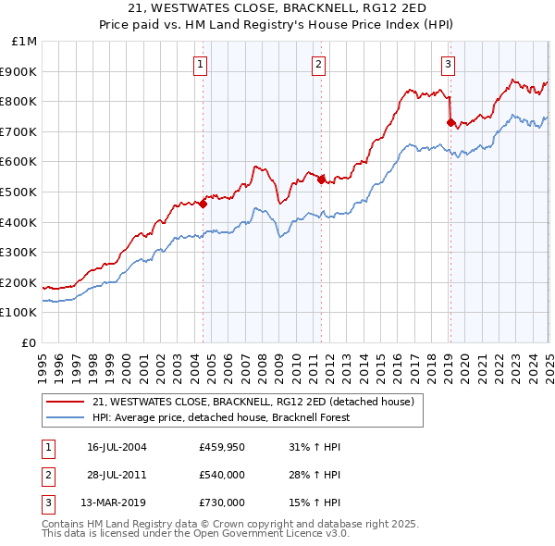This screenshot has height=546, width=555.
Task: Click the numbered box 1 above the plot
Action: (201, 65)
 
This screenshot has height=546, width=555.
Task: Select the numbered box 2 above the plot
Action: (318, 65)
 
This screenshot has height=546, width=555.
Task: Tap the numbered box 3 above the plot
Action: (448, 65)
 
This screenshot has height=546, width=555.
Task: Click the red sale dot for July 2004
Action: (203, 205)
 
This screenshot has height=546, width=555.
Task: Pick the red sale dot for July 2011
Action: (321, 180)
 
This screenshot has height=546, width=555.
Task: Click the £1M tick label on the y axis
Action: (25, 42)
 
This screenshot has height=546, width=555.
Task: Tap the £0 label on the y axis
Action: (30, 342)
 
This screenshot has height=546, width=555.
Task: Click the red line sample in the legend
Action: (66, 402)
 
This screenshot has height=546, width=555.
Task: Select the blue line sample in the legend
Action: (66, 417)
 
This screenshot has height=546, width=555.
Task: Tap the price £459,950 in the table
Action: (222, 446)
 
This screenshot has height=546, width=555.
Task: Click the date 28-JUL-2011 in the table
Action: (117, 475)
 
